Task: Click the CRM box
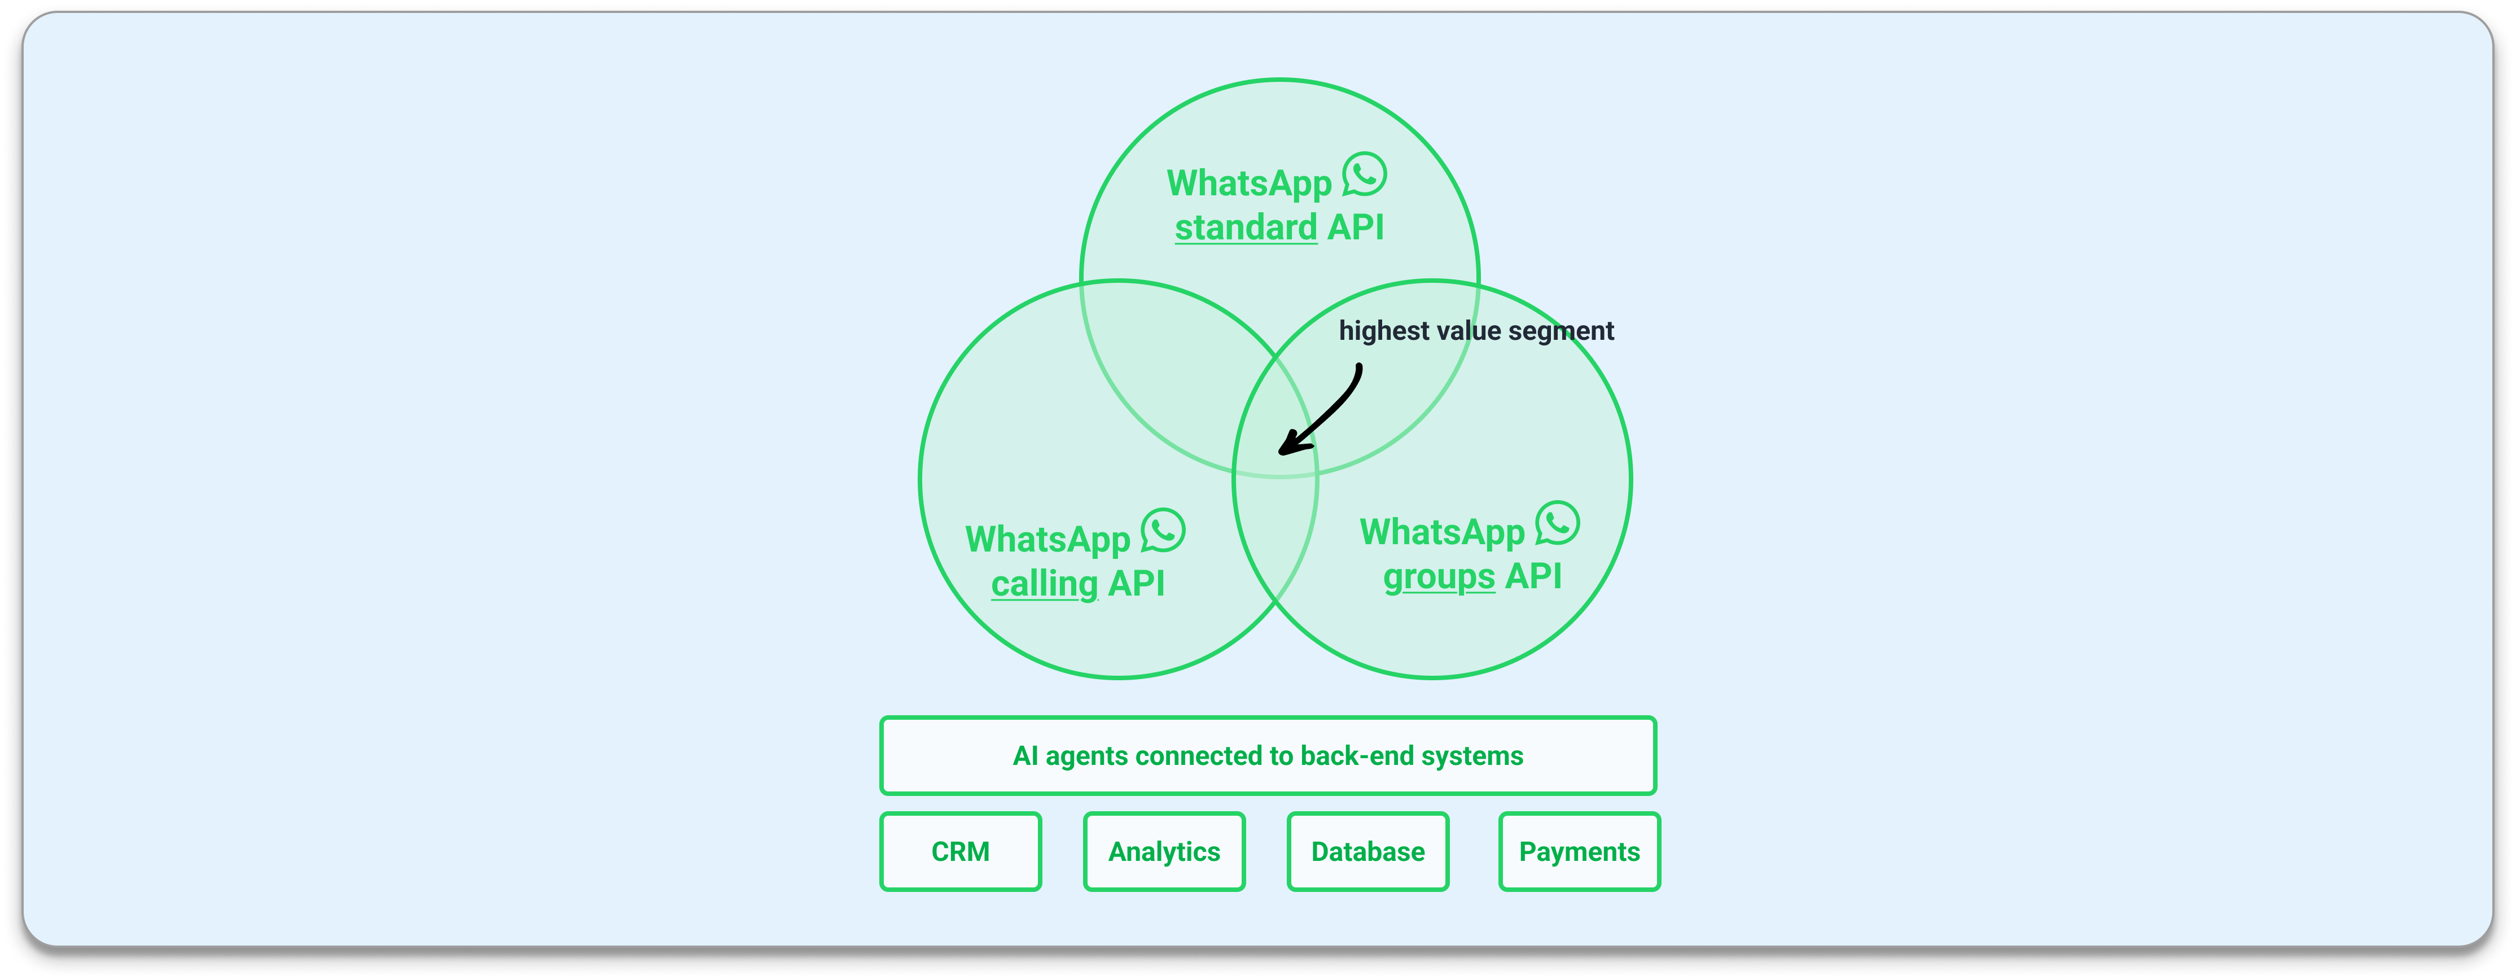tap(960, 851)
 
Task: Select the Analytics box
tap(1164, 851)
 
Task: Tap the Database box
tap(1367, 851)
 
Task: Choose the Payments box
tap(1579, 851)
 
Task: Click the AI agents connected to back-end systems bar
tap(1268, 755)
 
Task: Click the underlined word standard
tap(1246, 228)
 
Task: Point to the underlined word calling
tap(1044, 584)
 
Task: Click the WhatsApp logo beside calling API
tap(1163, 531)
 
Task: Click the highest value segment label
tap(1476, 331)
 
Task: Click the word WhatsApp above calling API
tap(1047, 539)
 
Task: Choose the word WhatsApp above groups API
tap(1441, 532)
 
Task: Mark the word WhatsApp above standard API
tap(1249, 183)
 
